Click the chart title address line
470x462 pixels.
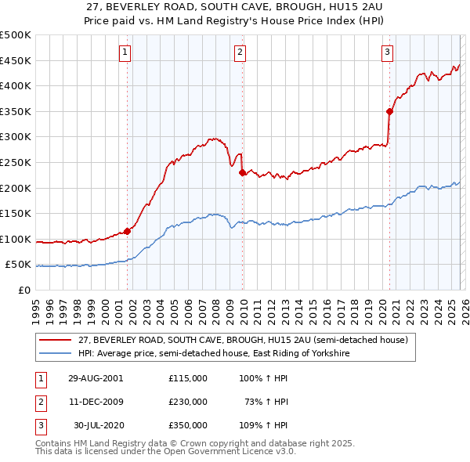235,7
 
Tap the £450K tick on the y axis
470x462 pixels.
16,60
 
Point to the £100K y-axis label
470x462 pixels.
16,240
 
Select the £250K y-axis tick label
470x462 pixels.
16,163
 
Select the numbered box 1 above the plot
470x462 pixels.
125,52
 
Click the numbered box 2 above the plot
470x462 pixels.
240,52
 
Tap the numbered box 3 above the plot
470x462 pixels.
387,52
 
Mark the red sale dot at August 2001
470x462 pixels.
127,231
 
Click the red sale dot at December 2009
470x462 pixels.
242,172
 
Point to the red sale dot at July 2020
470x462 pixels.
389,111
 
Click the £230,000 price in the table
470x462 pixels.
188,401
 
